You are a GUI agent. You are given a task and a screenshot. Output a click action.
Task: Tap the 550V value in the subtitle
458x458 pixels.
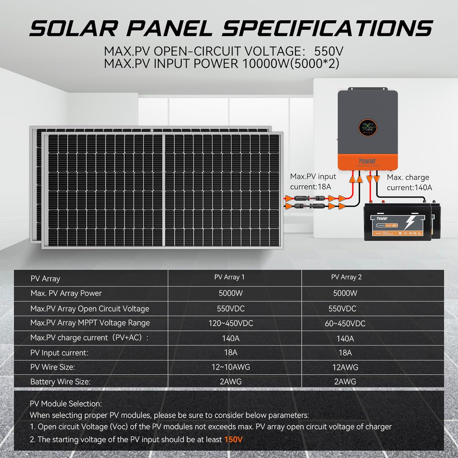point(329,51)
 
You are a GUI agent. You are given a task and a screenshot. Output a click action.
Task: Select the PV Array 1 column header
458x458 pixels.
point(229,277)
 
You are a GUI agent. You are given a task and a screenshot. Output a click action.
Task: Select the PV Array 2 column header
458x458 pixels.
point(346,277)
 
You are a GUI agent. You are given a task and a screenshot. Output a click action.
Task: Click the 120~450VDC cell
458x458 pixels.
point(231,323)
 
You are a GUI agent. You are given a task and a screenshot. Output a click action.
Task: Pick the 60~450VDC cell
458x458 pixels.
point(345,323)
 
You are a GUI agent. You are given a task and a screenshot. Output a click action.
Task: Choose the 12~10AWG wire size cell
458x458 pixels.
point(231,367)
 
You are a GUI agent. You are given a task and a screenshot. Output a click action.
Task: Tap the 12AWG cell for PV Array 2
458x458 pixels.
point(345,367)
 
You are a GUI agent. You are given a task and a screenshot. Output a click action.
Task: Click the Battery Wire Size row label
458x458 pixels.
point(60,382)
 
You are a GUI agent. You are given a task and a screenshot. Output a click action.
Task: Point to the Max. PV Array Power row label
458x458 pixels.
point(66,293)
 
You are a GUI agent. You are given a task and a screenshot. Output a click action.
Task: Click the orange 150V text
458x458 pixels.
point(233,439)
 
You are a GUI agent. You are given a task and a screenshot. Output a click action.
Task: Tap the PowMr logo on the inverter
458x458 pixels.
point(368,161)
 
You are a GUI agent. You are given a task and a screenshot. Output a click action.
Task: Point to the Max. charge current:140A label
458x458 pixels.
point(409,182)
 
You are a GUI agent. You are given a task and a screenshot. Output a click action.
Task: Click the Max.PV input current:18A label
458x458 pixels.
point(313,181)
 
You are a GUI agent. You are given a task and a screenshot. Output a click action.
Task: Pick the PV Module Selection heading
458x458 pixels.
point(66,404)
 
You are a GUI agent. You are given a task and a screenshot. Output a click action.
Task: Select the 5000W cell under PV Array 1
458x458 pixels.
point(231,293)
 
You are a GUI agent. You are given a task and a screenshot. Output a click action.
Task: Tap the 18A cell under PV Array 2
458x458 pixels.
point(345,353)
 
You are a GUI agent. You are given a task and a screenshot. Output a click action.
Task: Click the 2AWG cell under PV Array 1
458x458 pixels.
point(231,382)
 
